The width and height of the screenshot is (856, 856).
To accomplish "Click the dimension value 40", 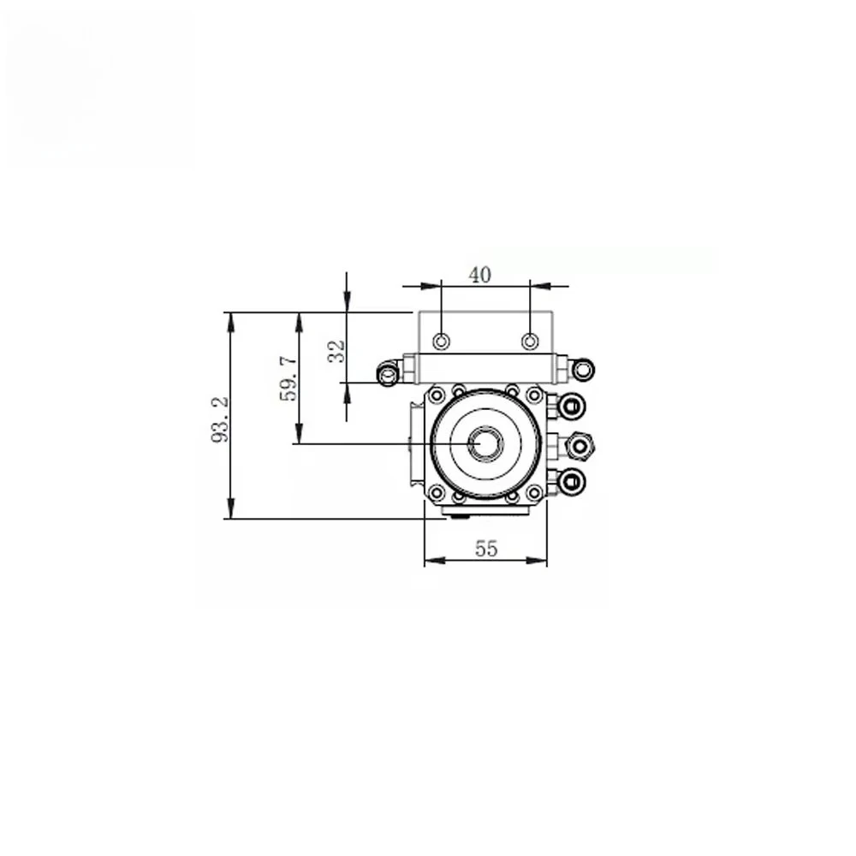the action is click(480, 275).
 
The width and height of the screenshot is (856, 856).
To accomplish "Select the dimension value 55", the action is click(486, 548).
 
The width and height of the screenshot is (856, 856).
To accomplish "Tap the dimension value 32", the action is click(336, 352).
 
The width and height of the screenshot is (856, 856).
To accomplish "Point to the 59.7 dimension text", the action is click(288, 378).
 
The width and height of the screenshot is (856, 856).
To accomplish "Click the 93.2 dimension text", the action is click(220, 419).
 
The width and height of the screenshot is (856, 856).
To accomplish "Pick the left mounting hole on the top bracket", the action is click(441, 342).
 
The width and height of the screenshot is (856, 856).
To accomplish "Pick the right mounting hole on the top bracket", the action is click(530, 342).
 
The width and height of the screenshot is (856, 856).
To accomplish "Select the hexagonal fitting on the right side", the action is click(580, 445).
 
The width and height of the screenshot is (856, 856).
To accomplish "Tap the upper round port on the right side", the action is click(573, 407).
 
